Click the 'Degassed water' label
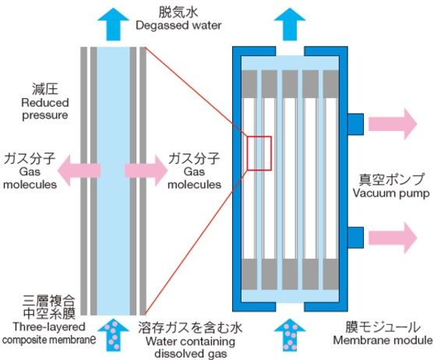[x=178, y=26]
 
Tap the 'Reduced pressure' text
[x=45, y=109]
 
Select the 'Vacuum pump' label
[x=391, y=193]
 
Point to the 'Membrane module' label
[x=383, y=340]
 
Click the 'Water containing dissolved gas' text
[x=190, y=348]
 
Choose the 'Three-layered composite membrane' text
[x=49, y=334]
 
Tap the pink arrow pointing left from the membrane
[x=79, y=171]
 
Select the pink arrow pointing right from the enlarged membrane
[x=146, y=171]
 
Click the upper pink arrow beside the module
[x=393, y=124]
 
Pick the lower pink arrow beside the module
[x=393, y=238]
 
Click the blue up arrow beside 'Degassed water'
[x=114, y=24]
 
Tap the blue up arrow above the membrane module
[x=290, y=24]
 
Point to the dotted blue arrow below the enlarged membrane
[x=114, y=335]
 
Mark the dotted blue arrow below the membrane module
[x=290, y=335]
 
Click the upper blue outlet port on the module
[x=355, y=124]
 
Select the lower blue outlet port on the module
[x=355, y=238]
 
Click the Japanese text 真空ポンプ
[x=391, y=179]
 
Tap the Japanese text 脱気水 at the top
[x=178, y=12]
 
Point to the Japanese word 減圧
[x=45, y=90]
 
